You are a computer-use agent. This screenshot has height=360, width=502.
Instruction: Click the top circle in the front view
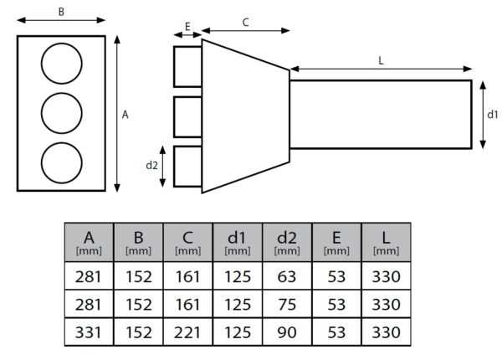coord(61,64)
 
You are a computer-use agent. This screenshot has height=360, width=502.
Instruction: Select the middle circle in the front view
coord(61,114)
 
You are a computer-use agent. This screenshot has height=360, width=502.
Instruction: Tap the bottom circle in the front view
coord(61,163)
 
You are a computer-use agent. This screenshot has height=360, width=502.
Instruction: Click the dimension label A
coord(125,116)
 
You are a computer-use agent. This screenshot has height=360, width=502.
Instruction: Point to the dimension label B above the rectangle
coord(61,11)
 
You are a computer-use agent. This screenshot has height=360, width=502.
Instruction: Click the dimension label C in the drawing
coord(245,23)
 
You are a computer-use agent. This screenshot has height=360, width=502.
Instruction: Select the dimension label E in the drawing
coord(187,27)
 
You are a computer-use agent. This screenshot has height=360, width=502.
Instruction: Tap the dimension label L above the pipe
coord(381,60)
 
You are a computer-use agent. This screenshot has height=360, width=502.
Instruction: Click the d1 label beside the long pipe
coord(493,114)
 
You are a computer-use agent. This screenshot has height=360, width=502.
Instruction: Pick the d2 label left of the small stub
coord(151,165)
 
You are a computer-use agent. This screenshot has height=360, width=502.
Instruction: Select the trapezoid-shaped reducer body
coord(244,115)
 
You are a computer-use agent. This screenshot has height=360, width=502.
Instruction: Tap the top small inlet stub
coord(187,66)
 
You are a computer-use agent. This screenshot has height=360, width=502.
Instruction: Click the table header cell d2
coord(287,242)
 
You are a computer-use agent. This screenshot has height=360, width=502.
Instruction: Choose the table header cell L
coord(386,242)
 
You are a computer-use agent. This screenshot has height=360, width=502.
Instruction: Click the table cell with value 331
coord(89,332)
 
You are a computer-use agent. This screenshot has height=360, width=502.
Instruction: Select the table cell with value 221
coord(188,332)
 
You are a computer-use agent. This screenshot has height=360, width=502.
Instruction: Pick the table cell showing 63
coord(287,276)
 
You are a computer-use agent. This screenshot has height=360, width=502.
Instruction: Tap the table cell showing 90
coord(287,332)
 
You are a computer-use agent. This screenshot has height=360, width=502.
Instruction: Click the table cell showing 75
coord(287,304)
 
